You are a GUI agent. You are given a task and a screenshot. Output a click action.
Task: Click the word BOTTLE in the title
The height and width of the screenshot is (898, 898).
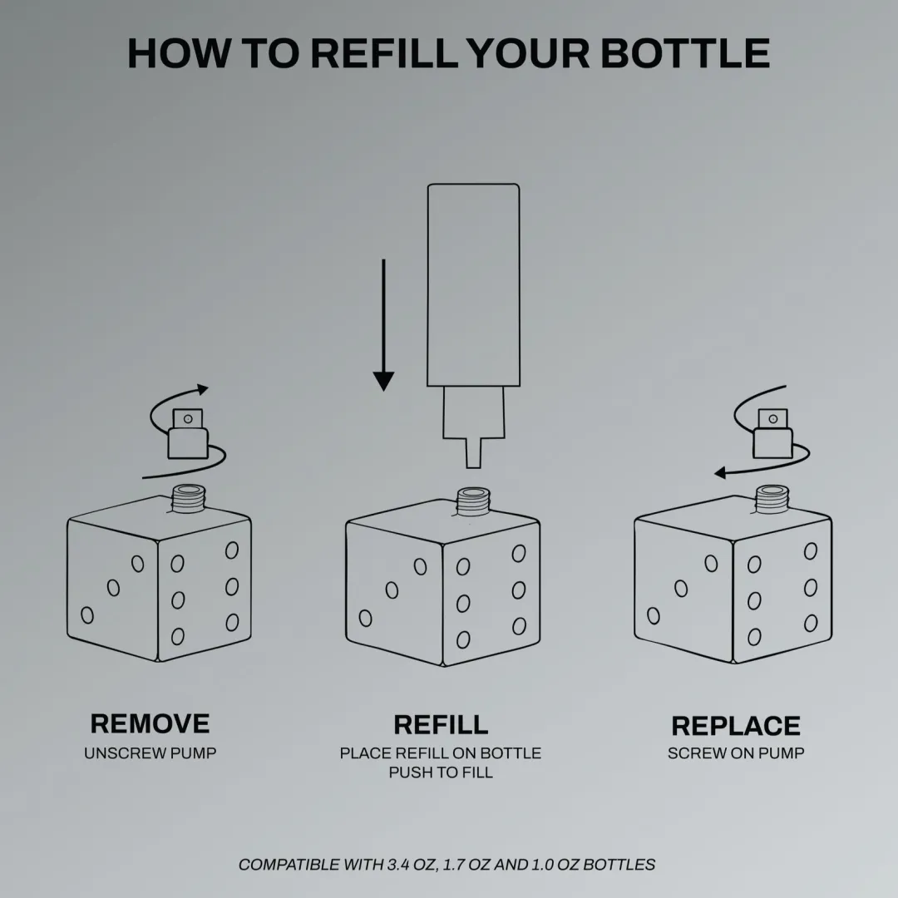684,53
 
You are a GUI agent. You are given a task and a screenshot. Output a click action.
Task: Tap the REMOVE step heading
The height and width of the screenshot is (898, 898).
150,723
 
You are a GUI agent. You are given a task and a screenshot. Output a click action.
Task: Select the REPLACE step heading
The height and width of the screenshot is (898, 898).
736,726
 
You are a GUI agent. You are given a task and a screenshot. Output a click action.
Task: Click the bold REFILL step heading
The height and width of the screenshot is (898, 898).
441,724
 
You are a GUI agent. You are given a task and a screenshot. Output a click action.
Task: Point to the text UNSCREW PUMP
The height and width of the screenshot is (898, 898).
150,753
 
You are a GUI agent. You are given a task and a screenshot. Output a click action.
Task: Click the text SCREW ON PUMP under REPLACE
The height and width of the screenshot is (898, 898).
736,753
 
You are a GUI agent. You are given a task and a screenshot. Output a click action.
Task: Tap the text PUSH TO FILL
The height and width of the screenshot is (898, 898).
441,772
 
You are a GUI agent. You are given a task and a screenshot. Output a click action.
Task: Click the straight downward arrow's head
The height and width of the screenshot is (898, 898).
383,381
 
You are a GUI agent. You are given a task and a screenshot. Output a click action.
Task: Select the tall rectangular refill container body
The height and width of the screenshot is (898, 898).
474,284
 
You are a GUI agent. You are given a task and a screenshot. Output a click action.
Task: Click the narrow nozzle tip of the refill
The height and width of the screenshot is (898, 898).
473,453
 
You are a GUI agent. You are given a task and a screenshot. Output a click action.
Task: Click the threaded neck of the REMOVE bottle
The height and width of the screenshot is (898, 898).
189,498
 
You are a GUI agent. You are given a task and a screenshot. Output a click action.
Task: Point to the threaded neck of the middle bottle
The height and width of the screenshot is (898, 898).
473,501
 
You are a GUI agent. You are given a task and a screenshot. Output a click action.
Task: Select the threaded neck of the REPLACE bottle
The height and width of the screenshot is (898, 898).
772,499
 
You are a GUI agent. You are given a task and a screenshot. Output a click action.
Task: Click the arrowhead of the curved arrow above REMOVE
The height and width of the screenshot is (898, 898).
202,390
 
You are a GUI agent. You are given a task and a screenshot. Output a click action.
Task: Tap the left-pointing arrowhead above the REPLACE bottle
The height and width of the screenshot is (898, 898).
720,473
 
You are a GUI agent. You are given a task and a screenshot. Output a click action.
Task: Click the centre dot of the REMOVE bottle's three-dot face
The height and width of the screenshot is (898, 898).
113,588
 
